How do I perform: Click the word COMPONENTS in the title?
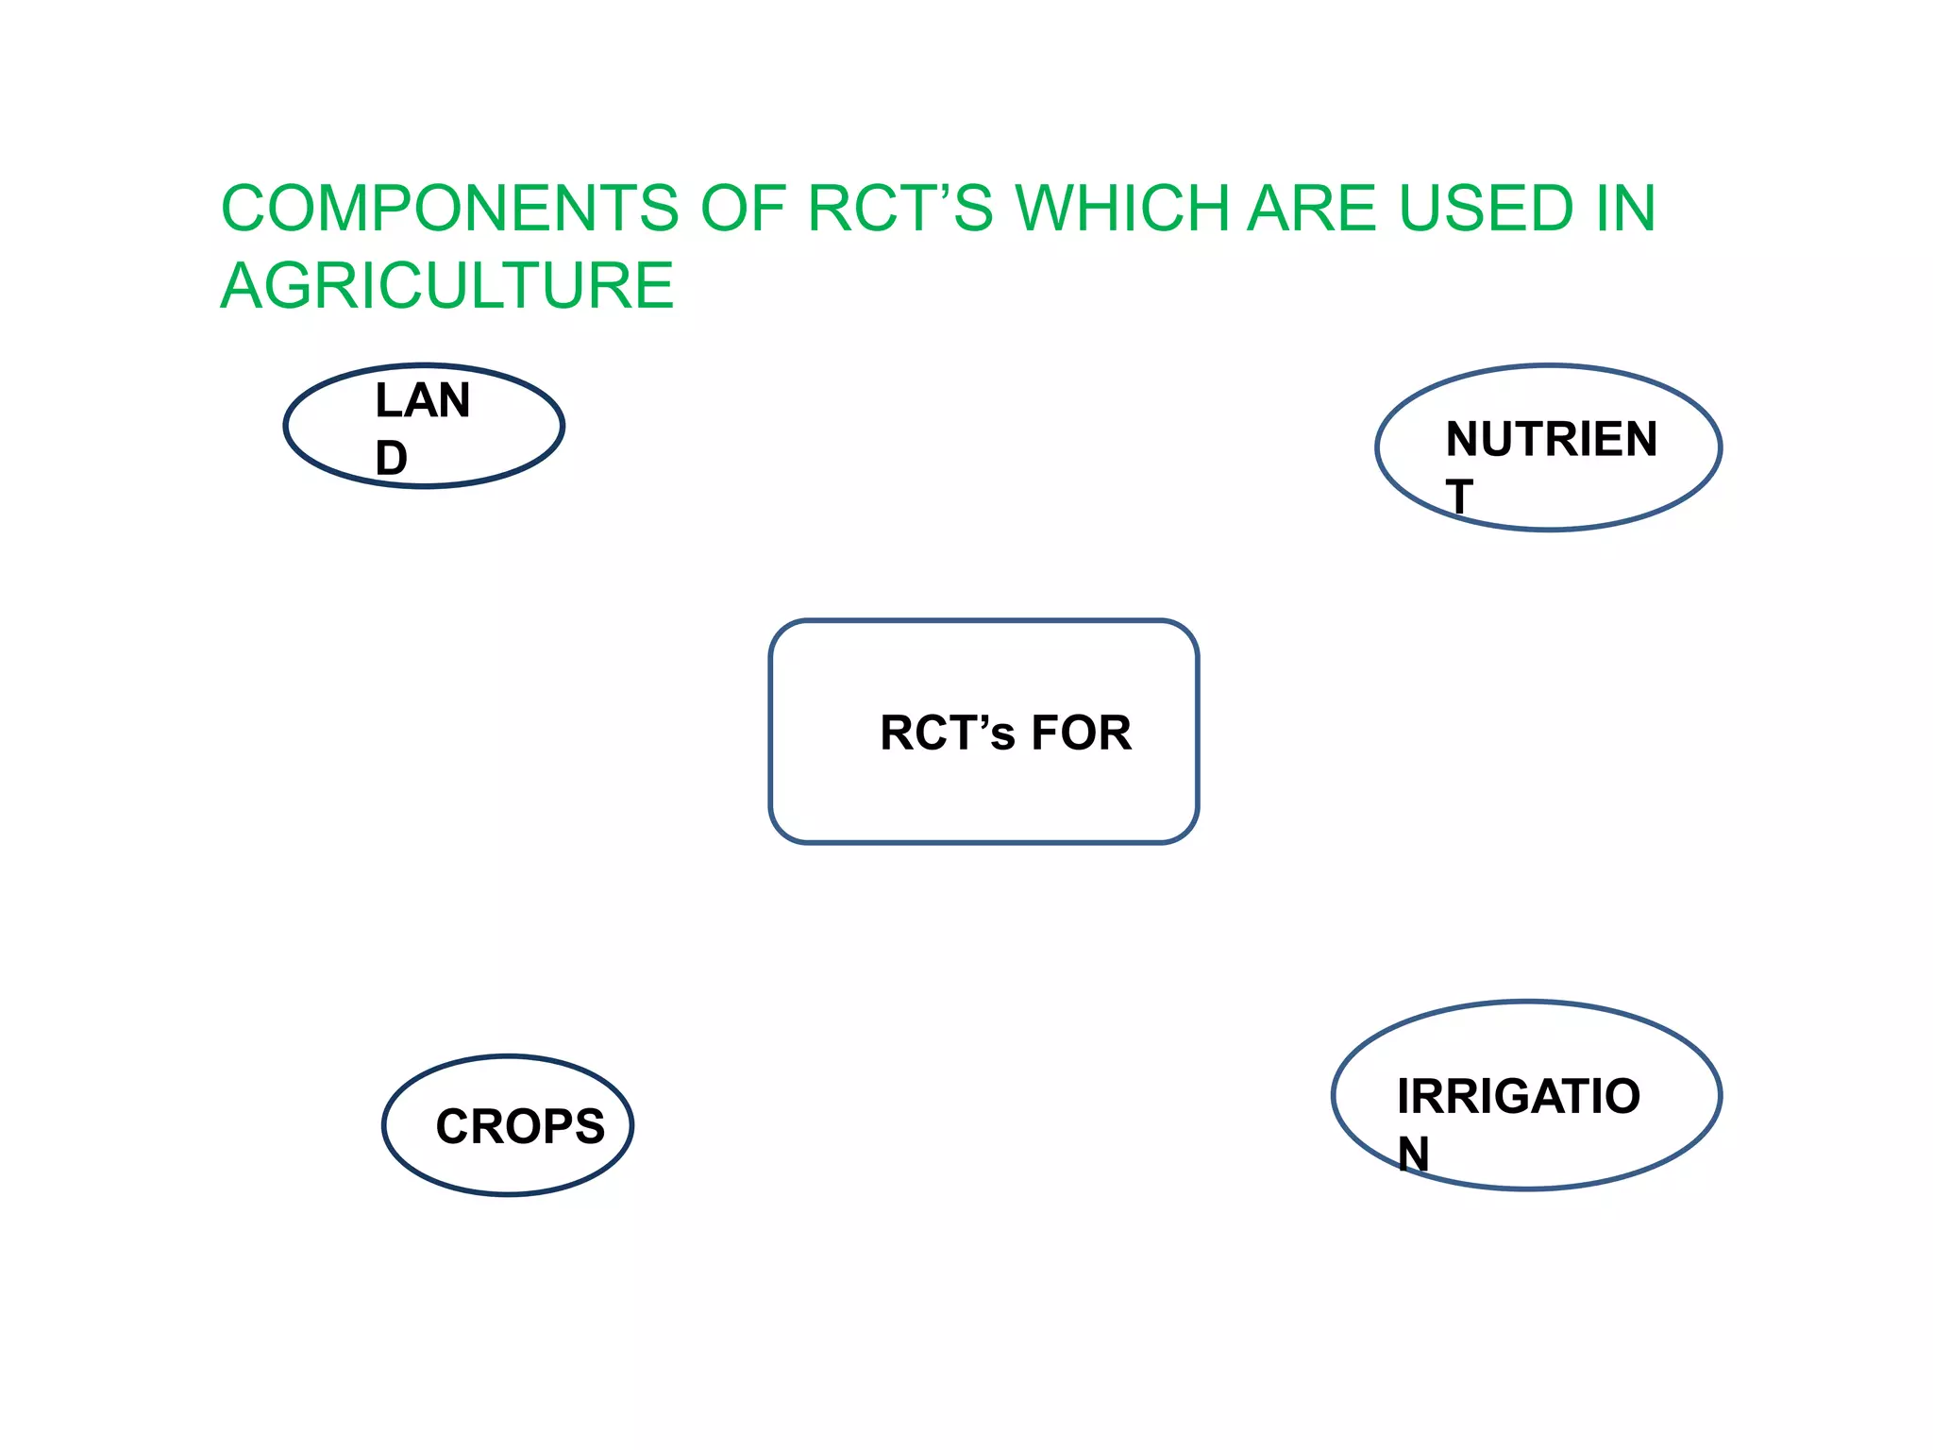[x=449, y=208]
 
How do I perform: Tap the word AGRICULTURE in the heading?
[x=447, y=285]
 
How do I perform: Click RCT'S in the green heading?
[x=899, y=208]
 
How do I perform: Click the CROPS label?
[x=520, y=1126]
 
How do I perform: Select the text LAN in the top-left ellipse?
[x=423, y=400]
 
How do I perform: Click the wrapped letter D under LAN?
[x=392, y=459]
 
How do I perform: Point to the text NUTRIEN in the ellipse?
[x=1551, y=439]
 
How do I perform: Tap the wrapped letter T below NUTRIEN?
[x=1459, y=497]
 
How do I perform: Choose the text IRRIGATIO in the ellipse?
[x=1519, y=1096]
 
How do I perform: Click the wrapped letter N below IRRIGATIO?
[x=1413, y=1154]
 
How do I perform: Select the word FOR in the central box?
[x=1081, y=733]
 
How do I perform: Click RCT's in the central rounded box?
[x=947, y=733]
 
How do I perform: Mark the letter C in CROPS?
[x=453, y=1126]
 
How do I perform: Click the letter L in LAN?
[x=387, y=400]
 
